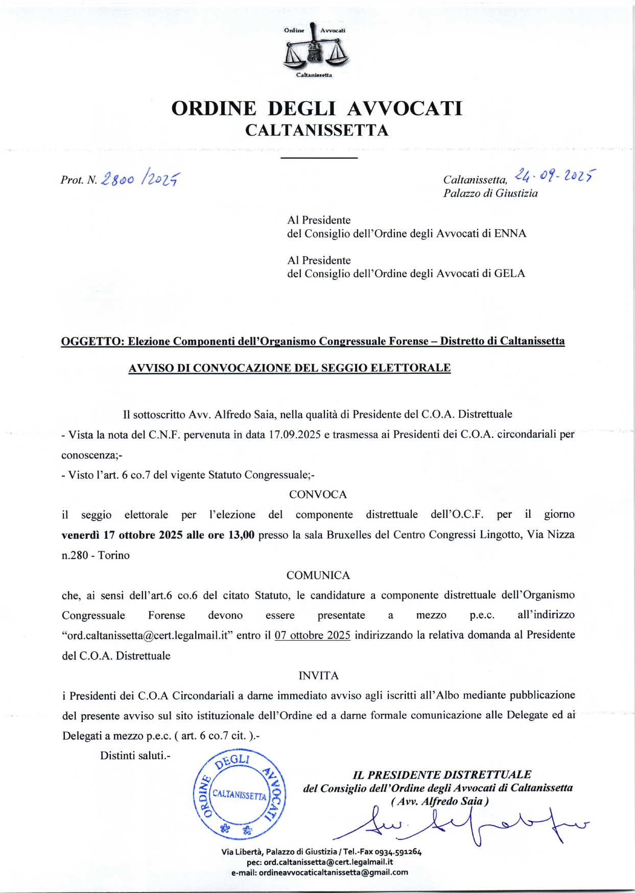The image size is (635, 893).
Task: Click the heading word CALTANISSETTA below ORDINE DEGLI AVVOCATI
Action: [x=317, y=131]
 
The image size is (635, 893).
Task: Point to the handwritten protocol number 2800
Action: [x=118, y=179]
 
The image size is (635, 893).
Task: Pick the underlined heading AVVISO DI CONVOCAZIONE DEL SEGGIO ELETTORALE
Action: [x=289, y=368]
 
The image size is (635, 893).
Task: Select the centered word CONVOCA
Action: [x=318, y=495]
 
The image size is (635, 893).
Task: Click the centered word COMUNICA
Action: [x=318, y=575]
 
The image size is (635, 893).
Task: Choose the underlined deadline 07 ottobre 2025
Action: [x=312, y=635]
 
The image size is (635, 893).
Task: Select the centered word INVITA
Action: [x=318, y=676]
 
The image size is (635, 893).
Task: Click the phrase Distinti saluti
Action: [x=135, y=756]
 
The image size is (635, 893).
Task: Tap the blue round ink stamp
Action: [x=240, y=795]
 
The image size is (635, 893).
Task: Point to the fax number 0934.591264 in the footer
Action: [x=398, y=852]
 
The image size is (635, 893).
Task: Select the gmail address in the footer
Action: [x=333, y=873]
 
